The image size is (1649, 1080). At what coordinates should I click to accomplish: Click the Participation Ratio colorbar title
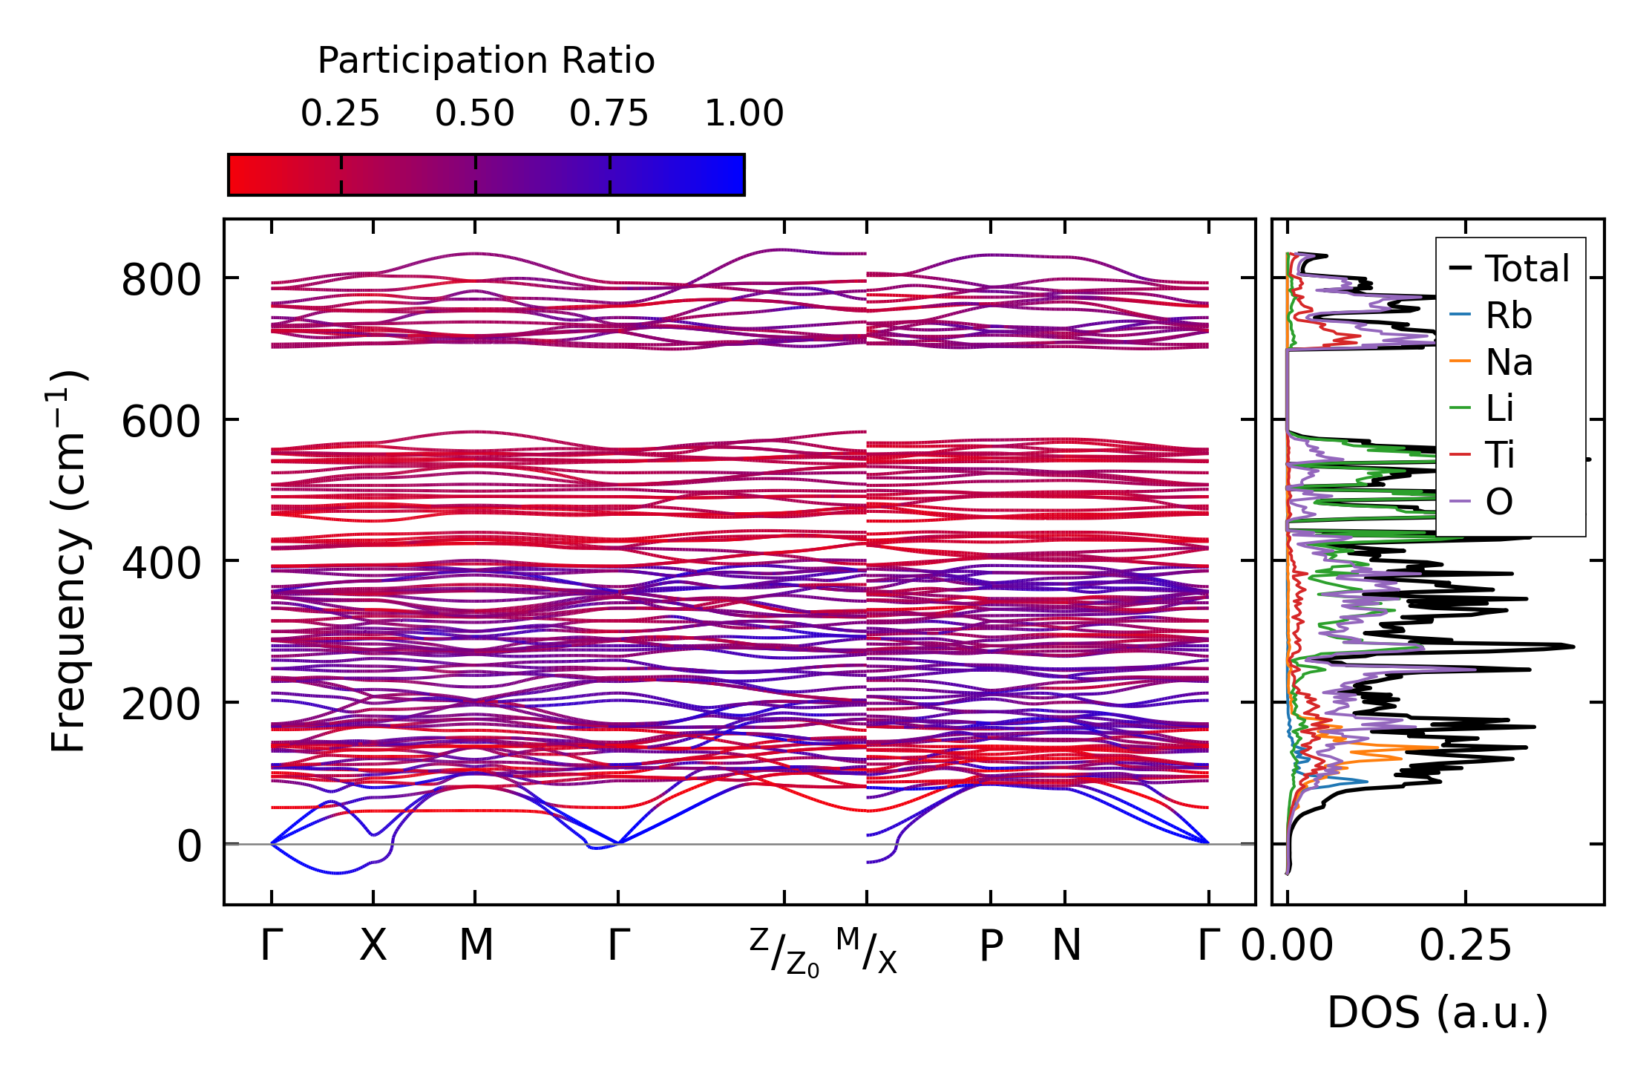click(x=486, y=61)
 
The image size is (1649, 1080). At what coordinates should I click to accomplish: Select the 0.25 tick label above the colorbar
click(x=340, y=114)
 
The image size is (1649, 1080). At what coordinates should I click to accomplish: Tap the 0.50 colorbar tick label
click(x=475, y=114)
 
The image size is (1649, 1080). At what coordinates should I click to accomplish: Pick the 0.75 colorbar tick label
click(x=609, y=114)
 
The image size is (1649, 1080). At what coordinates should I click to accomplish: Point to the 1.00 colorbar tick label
click(x=744, y=114)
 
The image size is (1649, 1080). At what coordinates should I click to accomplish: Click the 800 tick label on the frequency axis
click(x=161, y=281)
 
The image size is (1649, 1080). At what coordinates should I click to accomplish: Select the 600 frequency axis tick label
click(x=161, y=422)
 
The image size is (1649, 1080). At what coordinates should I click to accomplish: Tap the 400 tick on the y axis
click(x=161, y=563)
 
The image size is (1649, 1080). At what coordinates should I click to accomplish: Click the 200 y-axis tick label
click(x=161, y=704)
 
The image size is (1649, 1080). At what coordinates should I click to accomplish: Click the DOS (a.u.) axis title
click(x=1437, y=1012)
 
